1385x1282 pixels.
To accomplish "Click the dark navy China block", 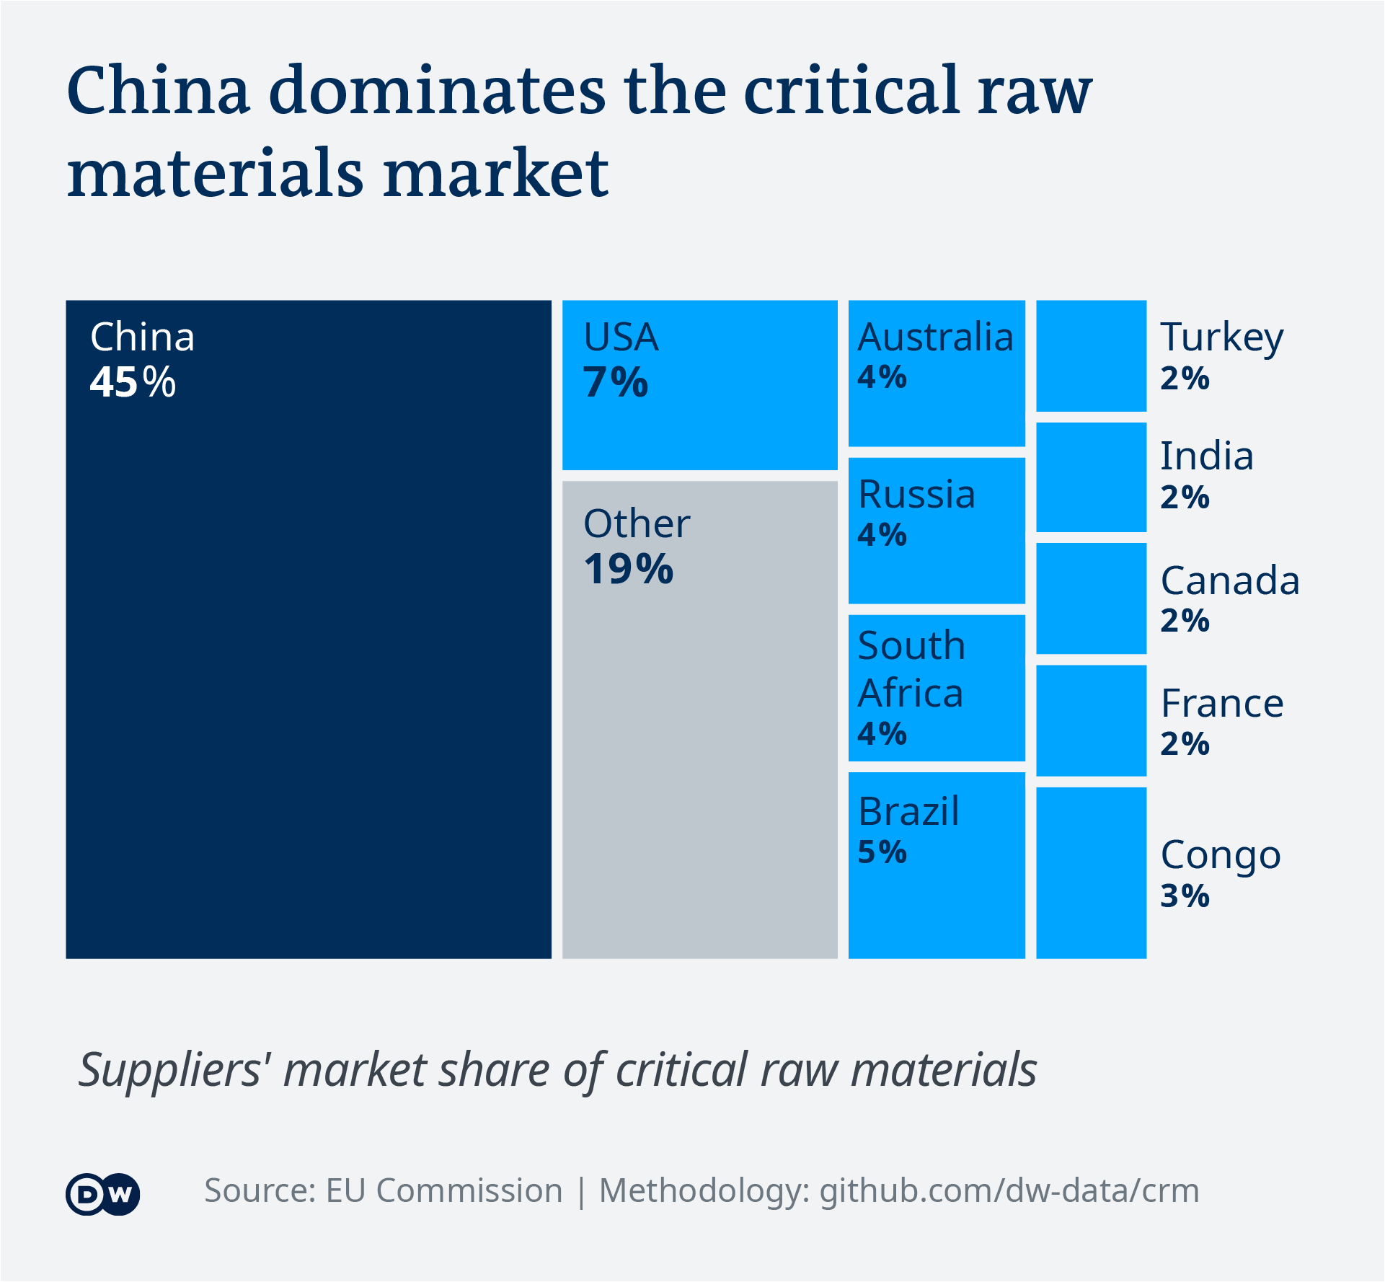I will (x=309, y=649).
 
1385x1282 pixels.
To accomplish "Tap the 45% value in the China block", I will (x=133, y=382).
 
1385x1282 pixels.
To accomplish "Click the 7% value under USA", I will (x=615, y=382).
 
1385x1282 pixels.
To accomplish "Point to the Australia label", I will (x=935, y=337).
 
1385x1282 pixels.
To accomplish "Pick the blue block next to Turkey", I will (x=1091, y=356).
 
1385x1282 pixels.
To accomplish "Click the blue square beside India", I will (x=1091, y=477).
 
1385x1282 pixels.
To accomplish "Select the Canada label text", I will (x=1230, y=581).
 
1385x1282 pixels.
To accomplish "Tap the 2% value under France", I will (x=1185, y=744).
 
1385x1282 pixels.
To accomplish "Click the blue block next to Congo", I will (x=1091, y=872).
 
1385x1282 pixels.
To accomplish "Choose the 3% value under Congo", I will (x=1185, y=896).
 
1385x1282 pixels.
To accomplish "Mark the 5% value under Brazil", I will (x=882, y=852).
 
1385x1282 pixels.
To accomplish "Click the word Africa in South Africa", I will (x=911, y=694).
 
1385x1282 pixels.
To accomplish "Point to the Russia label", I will (x=916, y=495).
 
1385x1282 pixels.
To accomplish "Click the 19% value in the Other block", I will (x=628, y=570).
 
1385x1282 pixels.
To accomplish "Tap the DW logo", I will (x=103, y=1195).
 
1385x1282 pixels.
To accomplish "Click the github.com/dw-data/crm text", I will (x=1009, y=1191).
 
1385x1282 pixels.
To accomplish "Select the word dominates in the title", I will (x=437, y=92).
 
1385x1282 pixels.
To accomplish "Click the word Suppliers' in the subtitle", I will (x=170, y=1070).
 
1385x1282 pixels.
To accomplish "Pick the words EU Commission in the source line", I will (x=443, y=1191).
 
